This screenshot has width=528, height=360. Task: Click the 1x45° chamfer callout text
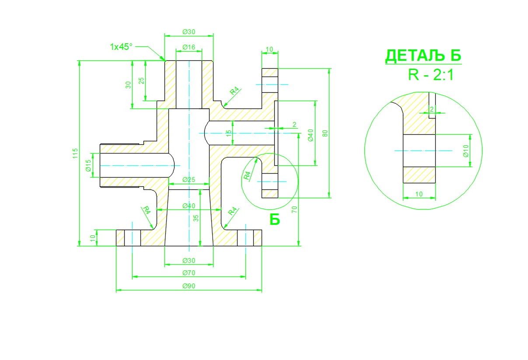[121, 46]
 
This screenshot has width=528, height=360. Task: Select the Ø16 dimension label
[189, 47]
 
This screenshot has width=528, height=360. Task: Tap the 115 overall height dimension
[75, 153]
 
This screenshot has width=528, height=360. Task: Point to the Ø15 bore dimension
[88, 165]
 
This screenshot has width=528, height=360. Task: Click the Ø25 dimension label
[189, 180]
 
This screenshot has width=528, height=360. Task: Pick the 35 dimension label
[196, 217]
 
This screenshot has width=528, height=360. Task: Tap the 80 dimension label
[325, 133]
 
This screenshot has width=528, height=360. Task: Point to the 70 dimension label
[294, 210]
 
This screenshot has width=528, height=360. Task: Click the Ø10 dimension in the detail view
[466, 150]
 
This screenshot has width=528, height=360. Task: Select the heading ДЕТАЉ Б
[423, 56]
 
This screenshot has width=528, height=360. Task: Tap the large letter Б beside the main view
[274, 220]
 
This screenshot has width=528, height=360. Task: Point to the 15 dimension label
[229, 133]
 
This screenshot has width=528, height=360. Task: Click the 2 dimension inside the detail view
[432, 109]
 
